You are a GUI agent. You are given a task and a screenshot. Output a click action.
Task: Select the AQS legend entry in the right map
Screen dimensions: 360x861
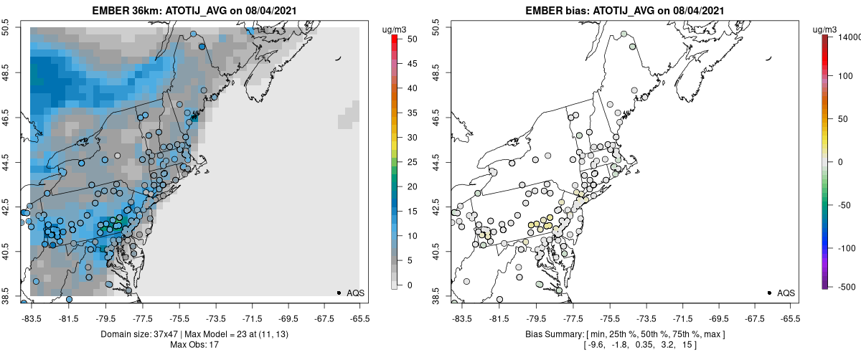(x=786, y=293)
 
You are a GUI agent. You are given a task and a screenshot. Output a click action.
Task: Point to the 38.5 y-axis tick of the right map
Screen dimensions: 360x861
(x=436, y=296)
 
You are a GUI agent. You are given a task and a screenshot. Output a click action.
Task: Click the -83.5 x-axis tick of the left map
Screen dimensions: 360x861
(x=32, y=319)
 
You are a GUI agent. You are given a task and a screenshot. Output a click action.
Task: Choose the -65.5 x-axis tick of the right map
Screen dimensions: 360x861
(x=791, y=319)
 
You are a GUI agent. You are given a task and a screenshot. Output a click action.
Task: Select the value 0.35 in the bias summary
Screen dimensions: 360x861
(x=623, y=345)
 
